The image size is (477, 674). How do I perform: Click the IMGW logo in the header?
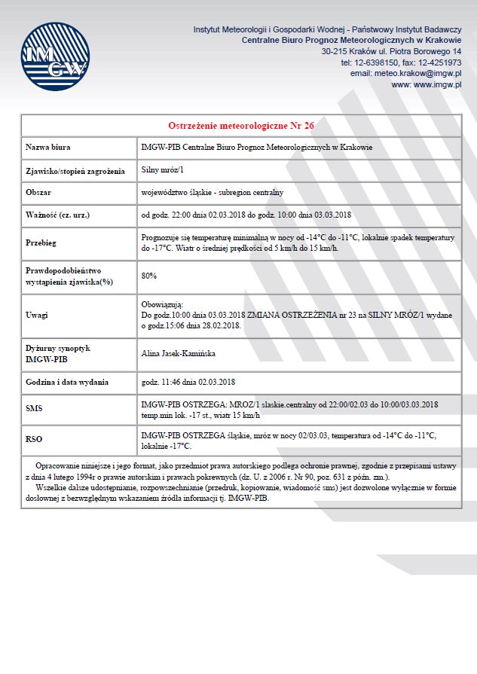(54, 57)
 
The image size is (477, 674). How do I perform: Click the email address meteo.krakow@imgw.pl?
(405, 74)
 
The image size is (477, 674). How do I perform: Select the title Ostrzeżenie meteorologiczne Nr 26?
(241, 125)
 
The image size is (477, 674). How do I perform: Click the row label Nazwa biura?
(47, 148)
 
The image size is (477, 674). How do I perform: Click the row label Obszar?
(38, 192)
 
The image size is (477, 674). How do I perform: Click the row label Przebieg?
(41, 242)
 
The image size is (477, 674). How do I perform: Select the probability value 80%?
(149, 276)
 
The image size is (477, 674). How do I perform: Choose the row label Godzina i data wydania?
(67, 382)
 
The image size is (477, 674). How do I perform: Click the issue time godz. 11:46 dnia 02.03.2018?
(188, 382)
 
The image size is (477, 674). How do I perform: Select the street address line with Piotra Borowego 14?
(391, 51)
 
